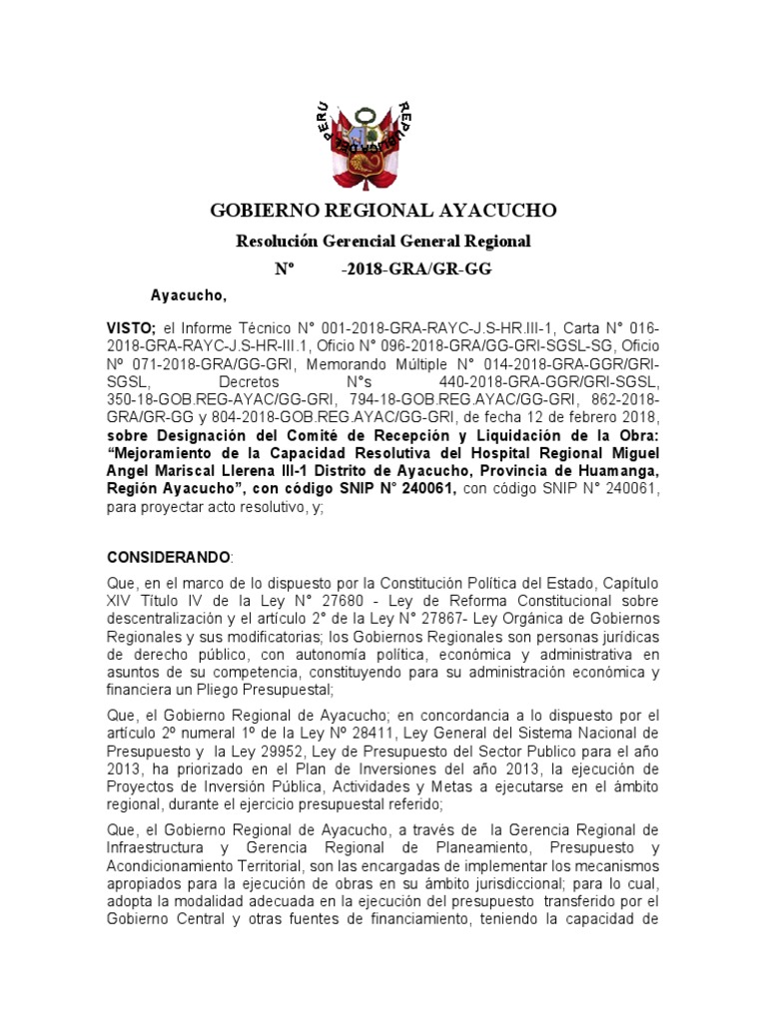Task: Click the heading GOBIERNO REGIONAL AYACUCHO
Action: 383,211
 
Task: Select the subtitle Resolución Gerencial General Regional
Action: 383,242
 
